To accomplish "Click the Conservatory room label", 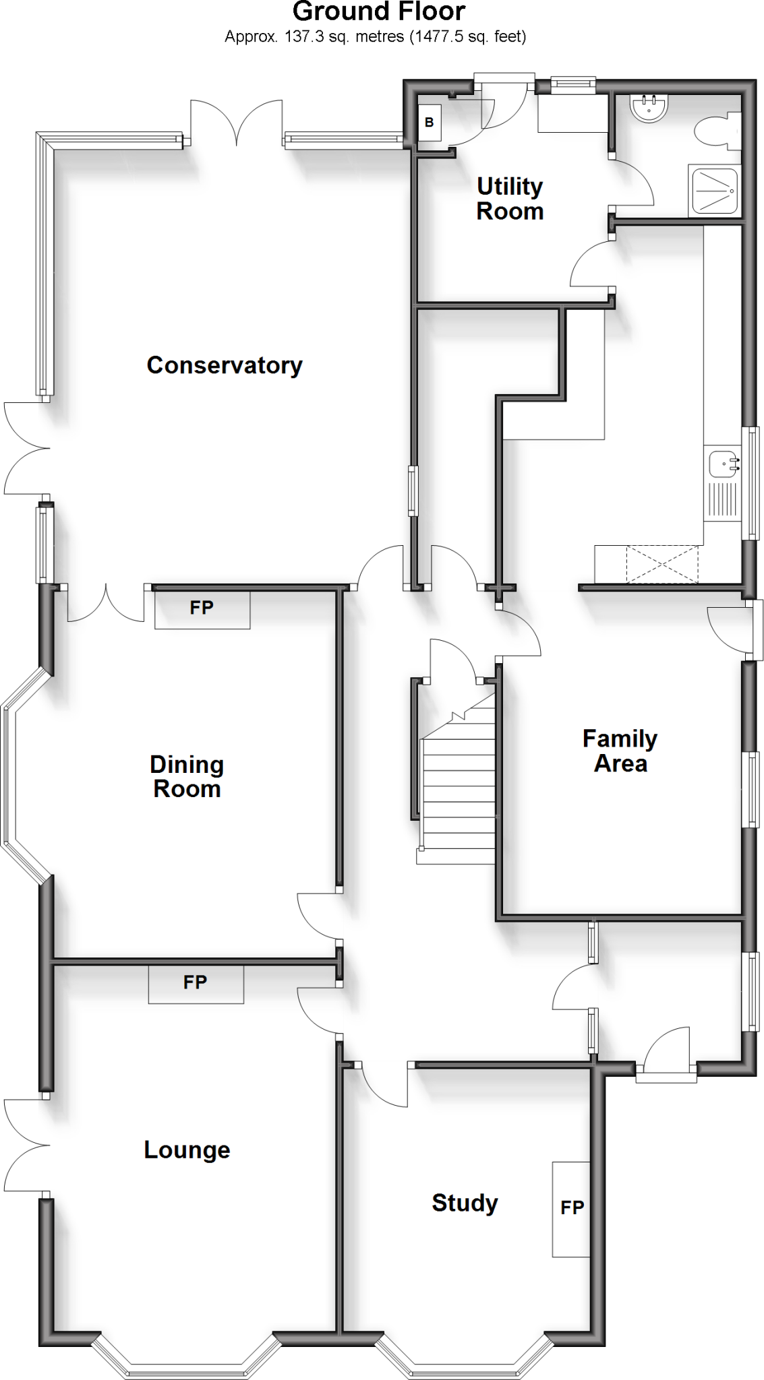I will (225, 365).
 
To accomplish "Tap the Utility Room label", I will (510, 199).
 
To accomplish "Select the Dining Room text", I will (187, 776).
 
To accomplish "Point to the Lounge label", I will (187, 1150).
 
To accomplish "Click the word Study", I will (465, 1202).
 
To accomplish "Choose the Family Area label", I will (620, 751).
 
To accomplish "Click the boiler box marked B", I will (429, 123).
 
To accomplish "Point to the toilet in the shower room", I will (715, 131).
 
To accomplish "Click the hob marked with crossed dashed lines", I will (662, 565).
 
